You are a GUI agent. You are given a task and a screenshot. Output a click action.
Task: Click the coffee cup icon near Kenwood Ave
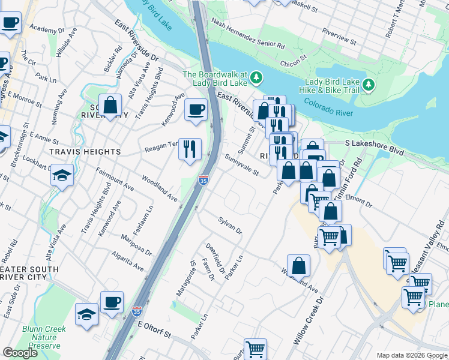(x=195, y=110)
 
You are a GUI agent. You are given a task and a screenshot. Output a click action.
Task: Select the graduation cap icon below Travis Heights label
(x=61, y=176)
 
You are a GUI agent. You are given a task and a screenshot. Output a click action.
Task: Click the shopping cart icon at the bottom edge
(x=256, y=348)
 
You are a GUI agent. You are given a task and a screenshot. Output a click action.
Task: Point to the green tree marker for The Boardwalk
(x=257, y=77)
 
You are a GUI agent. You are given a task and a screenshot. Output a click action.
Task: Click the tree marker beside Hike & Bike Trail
(x=367, y=85)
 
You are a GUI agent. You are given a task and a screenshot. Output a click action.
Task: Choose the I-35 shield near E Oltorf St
(x=136, y=312)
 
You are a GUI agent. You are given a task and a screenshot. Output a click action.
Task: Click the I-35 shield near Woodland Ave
(x=203, y=179)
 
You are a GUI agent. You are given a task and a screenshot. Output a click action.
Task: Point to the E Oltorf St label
(x=154, y=328)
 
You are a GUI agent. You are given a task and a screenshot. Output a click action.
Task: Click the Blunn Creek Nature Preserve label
(x=41, y=337)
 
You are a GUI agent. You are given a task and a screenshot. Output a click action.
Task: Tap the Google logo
(x=20, y=353)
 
